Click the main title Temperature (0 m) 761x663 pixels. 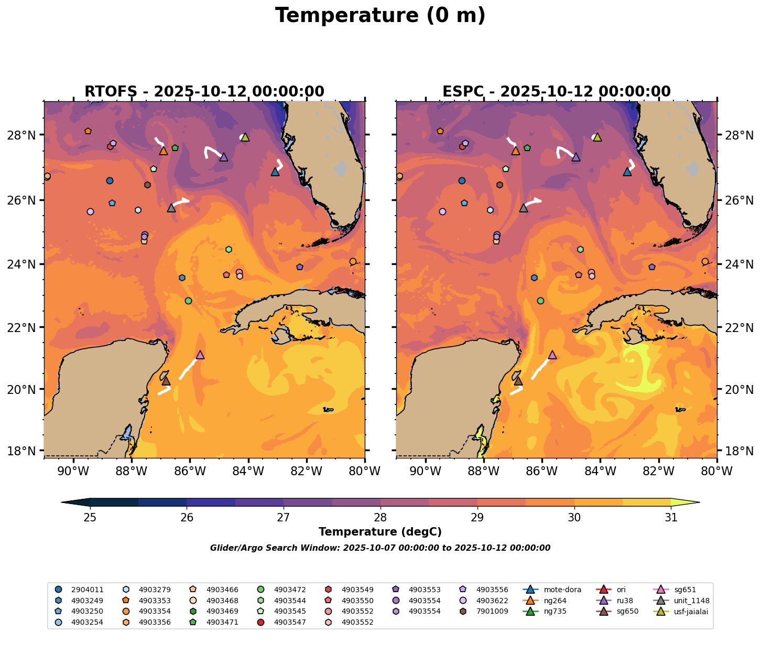380,16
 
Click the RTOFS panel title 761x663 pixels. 204,92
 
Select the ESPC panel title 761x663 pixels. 556,92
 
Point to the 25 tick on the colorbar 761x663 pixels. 90,518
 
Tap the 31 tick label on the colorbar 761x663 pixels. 670,518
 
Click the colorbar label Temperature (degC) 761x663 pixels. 380,532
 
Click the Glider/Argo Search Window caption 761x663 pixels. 380,548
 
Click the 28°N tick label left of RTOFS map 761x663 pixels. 25,135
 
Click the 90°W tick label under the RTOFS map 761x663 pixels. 72,472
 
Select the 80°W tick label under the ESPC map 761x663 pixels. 716,472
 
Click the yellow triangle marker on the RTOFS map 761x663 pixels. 245,137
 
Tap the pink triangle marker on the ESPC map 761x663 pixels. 552,355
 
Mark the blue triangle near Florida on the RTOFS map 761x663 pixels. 275,172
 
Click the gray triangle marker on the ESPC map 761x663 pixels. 523,208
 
